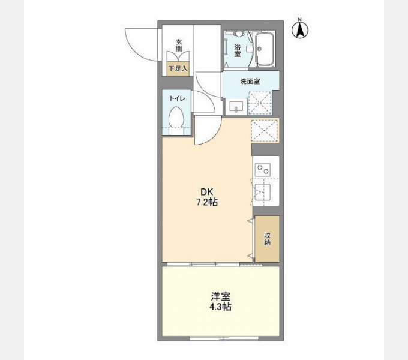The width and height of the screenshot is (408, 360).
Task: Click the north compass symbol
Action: pyautogui.click(x=300, y=29)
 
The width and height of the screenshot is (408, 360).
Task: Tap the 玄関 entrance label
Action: pyautogui.click(x=179, y=45)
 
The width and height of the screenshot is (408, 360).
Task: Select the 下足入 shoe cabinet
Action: pyautogui.click(x=178, y=68)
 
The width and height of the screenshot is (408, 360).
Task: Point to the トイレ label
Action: pyautogui.click(x=177, y=98)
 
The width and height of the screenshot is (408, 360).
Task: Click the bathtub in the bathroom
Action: pyautogui.click(x=265, y=50)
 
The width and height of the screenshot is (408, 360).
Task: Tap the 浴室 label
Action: pyautogui.click(x=238, y=50)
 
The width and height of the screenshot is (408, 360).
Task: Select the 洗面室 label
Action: pyautogui.click(x=250, y=82)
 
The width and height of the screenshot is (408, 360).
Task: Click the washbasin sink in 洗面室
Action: pyautogui.click(x=236, y=107)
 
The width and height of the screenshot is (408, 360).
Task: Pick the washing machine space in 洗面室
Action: pyautogui.click(x=260, y=103)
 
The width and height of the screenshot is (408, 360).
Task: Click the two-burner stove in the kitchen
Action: pyautogui.click(x=262, y=169)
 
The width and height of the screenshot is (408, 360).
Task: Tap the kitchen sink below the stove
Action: pyautogui.click(x=262, y=192)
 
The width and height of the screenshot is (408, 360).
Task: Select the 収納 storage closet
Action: pyautogui.click(x=267, y=239)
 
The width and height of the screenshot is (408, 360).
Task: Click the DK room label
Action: pyautogui.click(x=206, y=192)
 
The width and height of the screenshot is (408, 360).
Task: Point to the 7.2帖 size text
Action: pyautogui.click(x=207, y=202)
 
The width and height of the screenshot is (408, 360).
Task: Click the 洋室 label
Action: pyautogui.click(x=221, y=296)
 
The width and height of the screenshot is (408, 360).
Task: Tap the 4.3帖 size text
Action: pyautogui.click(x=221, y=307)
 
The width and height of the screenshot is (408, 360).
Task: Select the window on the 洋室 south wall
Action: pyautogui.click(x=224, y=338)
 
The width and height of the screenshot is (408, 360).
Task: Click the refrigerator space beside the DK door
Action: pyautogui.click(x=265, y=130)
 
